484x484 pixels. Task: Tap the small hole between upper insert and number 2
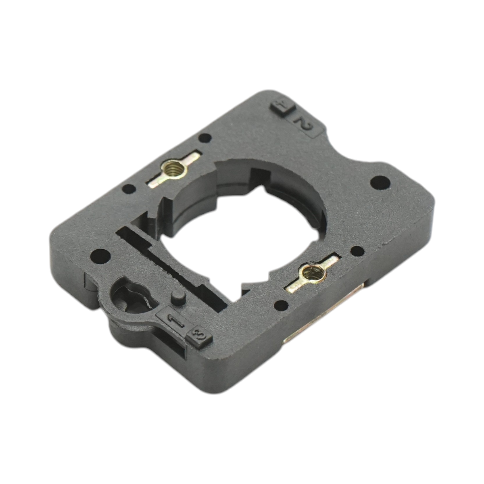206,138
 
